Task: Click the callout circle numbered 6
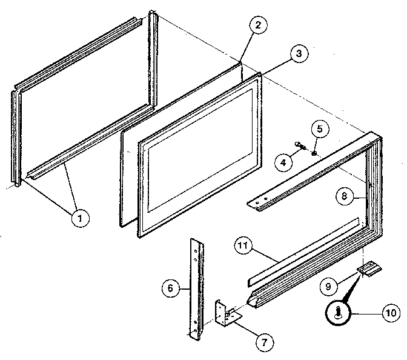click(171, 288)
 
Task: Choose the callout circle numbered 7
click(263, 342)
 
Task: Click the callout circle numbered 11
click(243, 246)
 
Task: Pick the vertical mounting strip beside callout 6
click(197, 285)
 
